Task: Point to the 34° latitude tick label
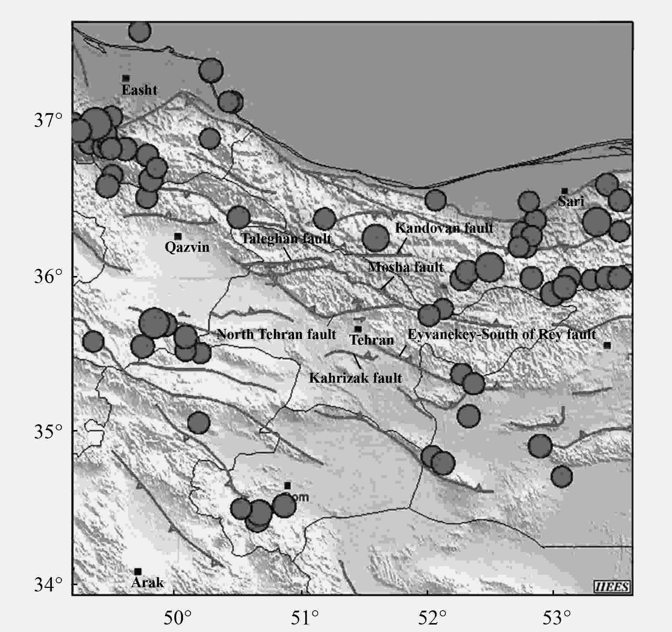pyautogui.click(x=48, y=584)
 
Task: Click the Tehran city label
pyautogui.click(x=372, y=340)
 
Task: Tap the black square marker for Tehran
pyautogui.click(x=358, y=329)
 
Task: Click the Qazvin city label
pyautogui.click(x=187, y=247)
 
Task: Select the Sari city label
pyautogui.click(x=571, y=202)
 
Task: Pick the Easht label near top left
pyautogui.click(x=139, y=90)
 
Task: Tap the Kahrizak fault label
pyautogui.click(x=355, y=378)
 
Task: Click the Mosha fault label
pyautogui.click(x=405, y=267)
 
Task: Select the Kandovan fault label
pyautogui.click(x=444, y=228)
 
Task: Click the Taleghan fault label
pyautogui.click(x=286, y=238)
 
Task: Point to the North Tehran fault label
pyautogui.click(x=276, y=334)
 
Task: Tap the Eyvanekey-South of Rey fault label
pyautogui.click(x=501, y=334)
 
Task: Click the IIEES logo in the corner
pyautogui.click(x=612, y=586)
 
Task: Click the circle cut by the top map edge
pyautogui.click(x=139, y=31)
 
